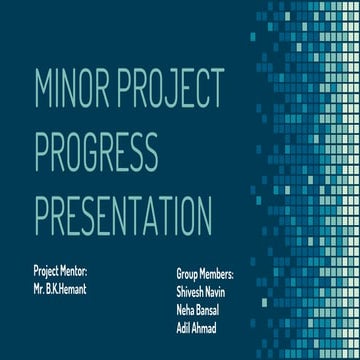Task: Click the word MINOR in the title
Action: click(x=72, y=95)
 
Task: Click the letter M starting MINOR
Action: click(x=43, y=95)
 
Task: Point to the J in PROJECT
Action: click(x=180, y=95)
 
